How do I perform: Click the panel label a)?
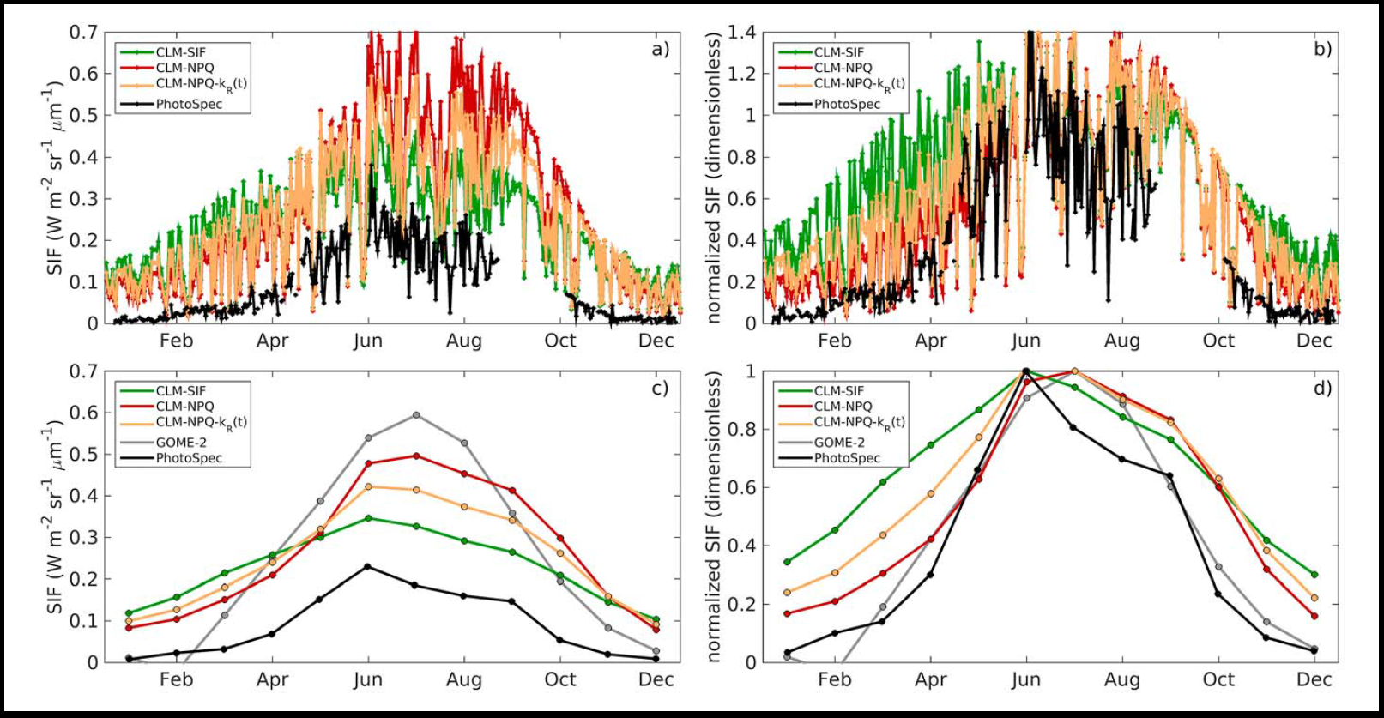click(x=660, y=49)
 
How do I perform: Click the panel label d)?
click(x=1322, y=388)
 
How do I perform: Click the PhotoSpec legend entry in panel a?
click(x=189, y=104)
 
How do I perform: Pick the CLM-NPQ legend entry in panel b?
click(x=843, y=68)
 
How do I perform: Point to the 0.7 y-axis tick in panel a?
click(x=84, y=33)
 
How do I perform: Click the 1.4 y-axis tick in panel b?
click(x=741, y=33)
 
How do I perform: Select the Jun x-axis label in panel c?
click(x=368, y=679)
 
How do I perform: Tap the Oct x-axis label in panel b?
click(x=1218, y=341)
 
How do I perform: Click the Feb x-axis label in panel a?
click(x=176, y=341)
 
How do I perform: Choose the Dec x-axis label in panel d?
click(x=1314, y=679)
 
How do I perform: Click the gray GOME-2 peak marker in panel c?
click(x=416, y=415)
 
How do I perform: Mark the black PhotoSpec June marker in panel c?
click(x=368, y=566)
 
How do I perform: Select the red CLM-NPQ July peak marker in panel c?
click(x=416, y=456)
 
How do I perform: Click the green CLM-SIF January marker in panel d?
click(x=787, y=562)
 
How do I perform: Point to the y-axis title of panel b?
click(x=713, y=178)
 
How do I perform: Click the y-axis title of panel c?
click(x=55, y=516)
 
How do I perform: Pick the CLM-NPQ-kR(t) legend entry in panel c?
click(x=201, y=422)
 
